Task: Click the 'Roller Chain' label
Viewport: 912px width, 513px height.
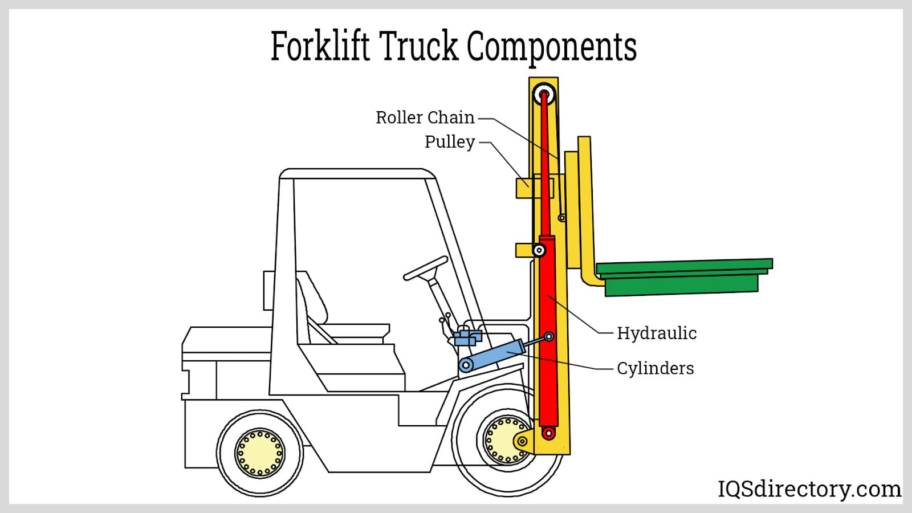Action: [425, 117]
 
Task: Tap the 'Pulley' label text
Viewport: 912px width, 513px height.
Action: [450, 142]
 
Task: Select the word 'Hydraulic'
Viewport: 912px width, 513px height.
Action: [657, 333]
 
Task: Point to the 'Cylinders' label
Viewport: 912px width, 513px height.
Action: [655, 368]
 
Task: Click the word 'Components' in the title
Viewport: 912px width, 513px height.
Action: [551, 46]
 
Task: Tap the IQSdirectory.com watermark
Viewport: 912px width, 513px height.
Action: [809, 489]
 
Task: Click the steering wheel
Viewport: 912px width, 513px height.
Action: [426, 268]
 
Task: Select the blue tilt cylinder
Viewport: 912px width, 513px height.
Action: [491, 355]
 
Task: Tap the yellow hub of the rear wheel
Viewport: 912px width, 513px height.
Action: [260, 453]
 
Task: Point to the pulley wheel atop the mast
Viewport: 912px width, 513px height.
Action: [544, 95]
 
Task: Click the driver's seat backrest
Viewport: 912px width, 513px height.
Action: [312, 299]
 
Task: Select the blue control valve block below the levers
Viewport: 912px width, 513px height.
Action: [468, 337]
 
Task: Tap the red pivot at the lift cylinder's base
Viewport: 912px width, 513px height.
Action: [548, 434]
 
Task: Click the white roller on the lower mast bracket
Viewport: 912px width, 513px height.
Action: [539, 250]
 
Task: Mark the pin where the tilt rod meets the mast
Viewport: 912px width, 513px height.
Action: [549, 337]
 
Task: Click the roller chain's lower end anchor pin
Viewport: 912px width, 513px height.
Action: [562, 218]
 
